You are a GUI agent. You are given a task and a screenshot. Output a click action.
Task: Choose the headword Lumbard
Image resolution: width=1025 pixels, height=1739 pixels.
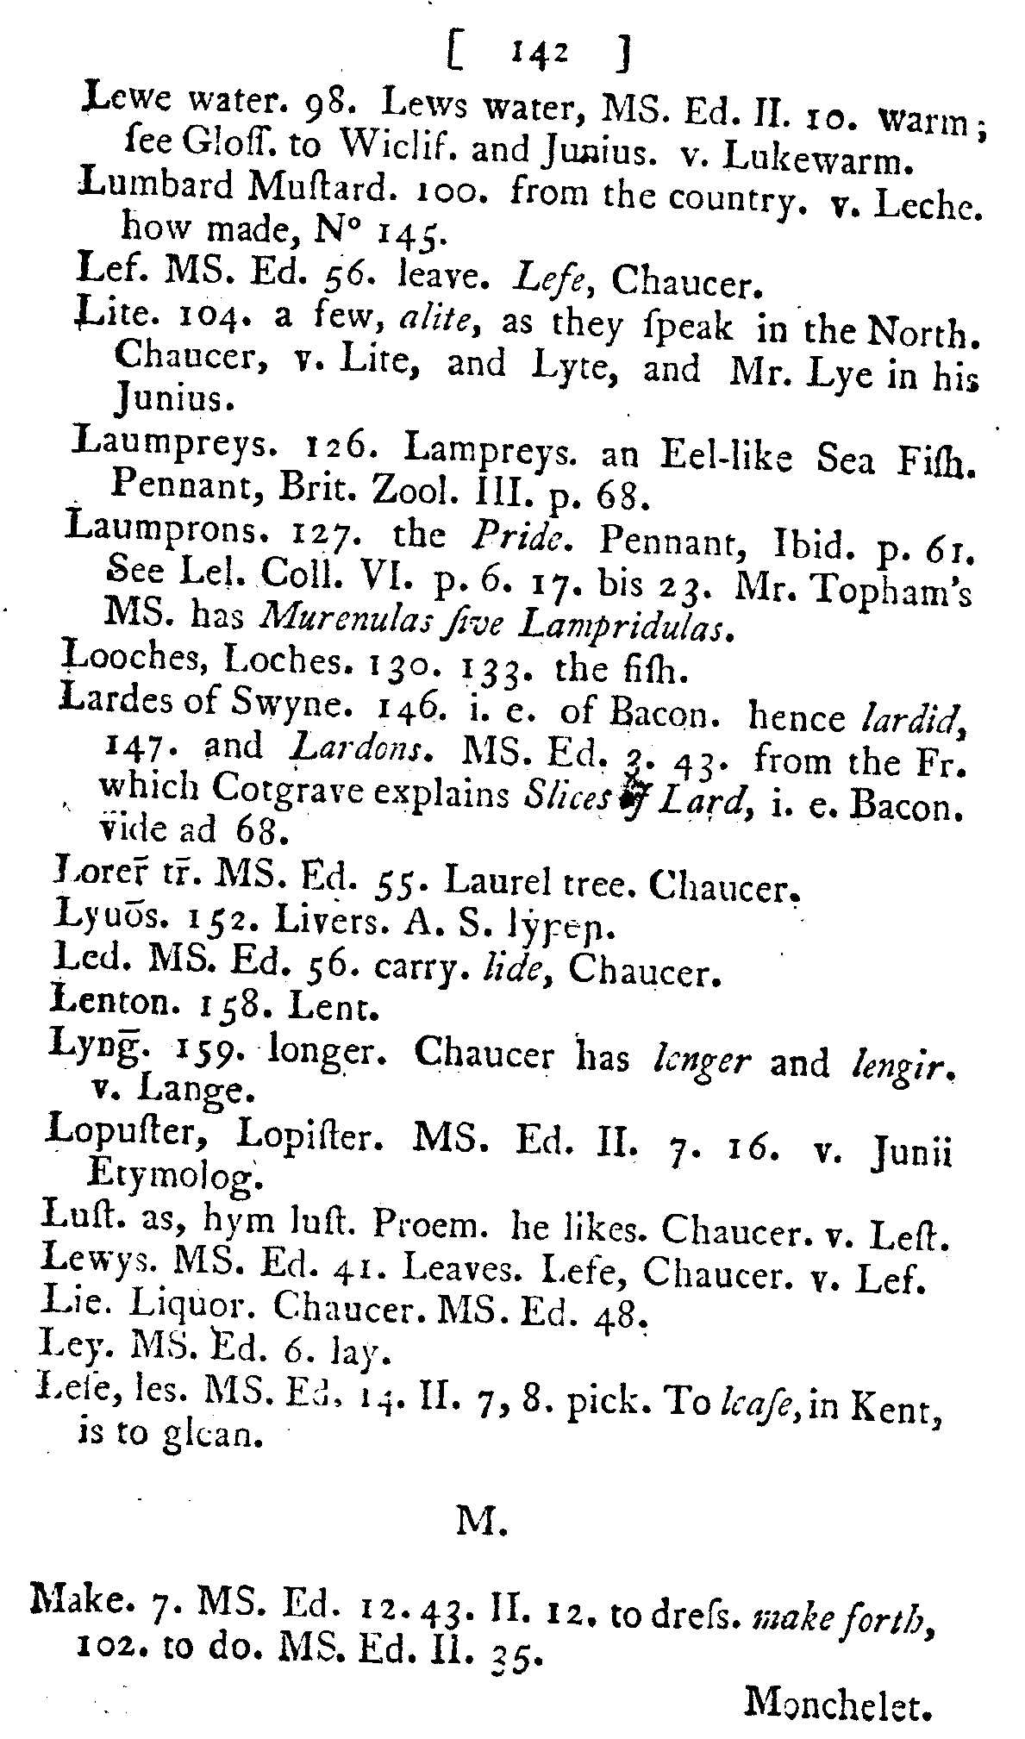(x=144, y=187)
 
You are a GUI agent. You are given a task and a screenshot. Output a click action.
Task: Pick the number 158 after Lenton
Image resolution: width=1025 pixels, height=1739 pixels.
(x=227, y=1005)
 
